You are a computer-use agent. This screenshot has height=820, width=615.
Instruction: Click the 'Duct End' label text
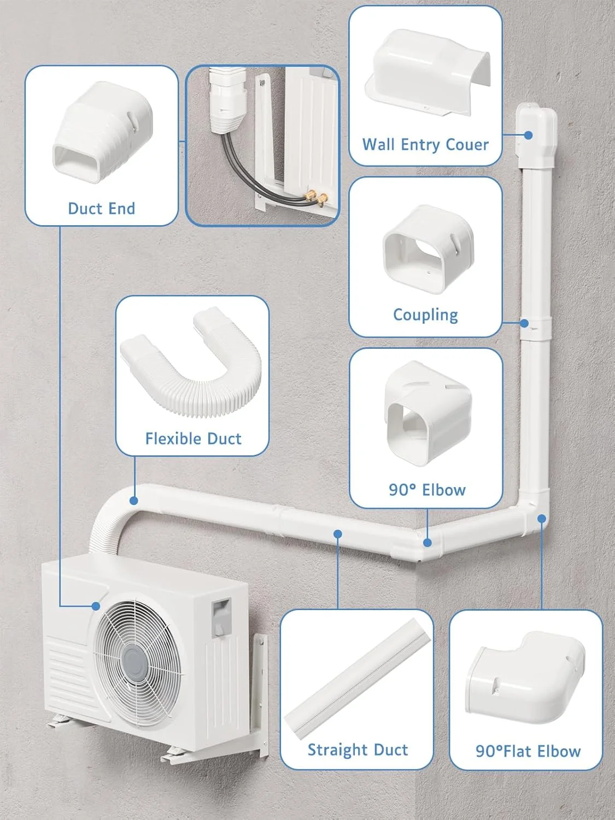click(x=101, y=208)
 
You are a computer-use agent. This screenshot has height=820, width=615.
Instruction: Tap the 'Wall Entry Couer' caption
click(x=425, y=144)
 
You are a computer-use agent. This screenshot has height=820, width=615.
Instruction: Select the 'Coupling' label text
click(x=425, y=314)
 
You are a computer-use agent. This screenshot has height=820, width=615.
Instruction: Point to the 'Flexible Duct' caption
click(x=193, y=438)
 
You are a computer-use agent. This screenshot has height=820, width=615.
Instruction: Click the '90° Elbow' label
click(x=427, y=489)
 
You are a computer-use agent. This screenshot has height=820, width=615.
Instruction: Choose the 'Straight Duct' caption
click(x=358, y=749)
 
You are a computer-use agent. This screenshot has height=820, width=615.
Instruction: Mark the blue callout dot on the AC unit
click(x=96, y=606)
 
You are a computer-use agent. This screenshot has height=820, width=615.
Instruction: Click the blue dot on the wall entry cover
click(x=529, y=134)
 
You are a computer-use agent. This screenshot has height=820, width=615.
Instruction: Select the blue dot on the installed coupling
click(x=524, y=323)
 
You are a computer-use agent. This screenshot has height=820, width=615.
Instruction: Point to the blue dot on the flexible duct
click(x=134, y=500)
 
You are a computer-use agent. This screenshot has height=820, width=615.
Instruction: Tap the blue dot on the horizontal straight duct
click(x=338, y=533)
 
